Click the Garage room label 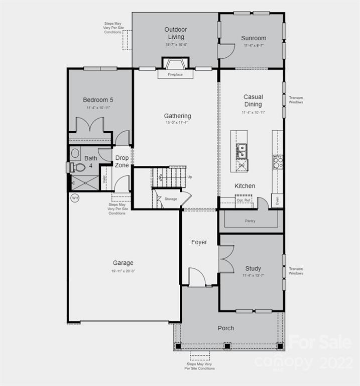pos(123,263)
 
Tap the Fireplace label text pos(175,74)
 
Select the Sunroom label pos(253,38)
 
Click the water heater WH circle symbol pos(75,198)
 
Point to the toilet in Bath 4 pos(78,167)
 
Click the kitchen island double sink pos(242,150)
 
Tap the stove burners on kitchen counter pos(278,162)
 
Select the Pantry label pos(250,221)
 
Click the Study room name pos(253,268)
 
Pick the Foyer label pos(199,242)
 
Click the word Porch pos(225,328)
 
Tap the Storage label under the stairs pos(171,199)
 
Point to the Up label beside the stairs pos(189,177)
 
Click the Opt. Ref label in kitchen pos(244,200)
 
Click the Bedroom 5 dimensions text pos(98,108)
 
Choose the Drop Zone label pos(122,161)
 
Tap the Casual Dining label pos(253,101)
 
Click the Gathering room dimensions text pos(177,123)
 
